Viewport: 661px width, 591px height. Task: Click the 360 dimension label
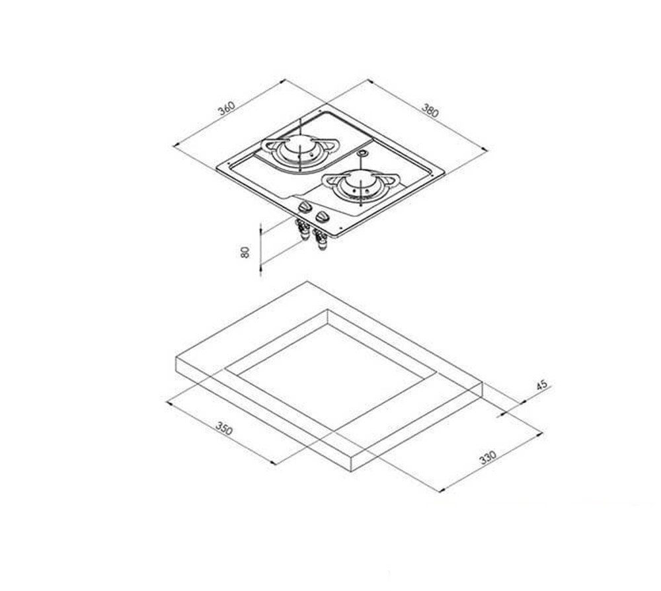click(x=226, y=108)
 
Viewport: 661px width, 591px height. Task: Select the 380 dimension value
click(x=430, y=110)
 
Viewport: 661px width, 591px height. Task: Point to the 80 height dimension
click(x=245, y=252)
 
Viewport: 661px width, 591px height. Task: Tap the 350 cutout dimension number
click(x=224, y=428)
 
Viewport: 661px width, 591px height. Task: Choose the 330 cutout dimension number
click(x=488, y=457)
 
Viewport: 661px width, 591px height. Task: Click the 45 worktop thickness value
click(x=542, y=385)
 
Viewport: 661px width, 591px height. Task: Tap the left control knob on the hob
click(x=305, y=207)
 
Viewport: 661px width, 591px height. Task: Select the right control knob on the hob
click(x=323, y=217)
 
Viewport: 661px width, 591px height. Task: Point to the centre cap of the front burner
click(x=360, y=182)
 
